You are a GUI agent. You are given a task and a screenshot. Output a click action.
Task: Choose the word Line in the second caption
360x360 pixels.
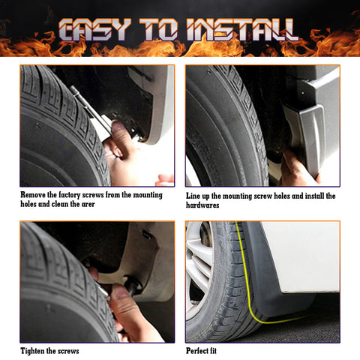[194, 195]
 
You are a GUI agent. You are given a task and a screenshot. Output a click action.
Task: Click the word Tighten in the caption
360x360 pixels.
[34, 351]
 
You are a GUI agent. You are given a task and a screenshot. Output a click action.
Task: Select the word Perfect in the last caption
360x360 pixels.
[199, 351]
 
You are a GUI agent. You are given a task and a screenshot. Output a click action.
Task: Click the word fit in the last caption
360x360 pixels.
[220, 351]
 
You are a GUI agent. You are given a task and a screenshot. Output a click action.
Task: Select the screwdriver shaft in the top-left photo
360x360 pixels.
[90, 105]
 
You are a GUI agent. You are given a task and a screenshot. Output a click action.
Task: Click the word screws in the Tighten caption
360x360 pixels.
[67, 351]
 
